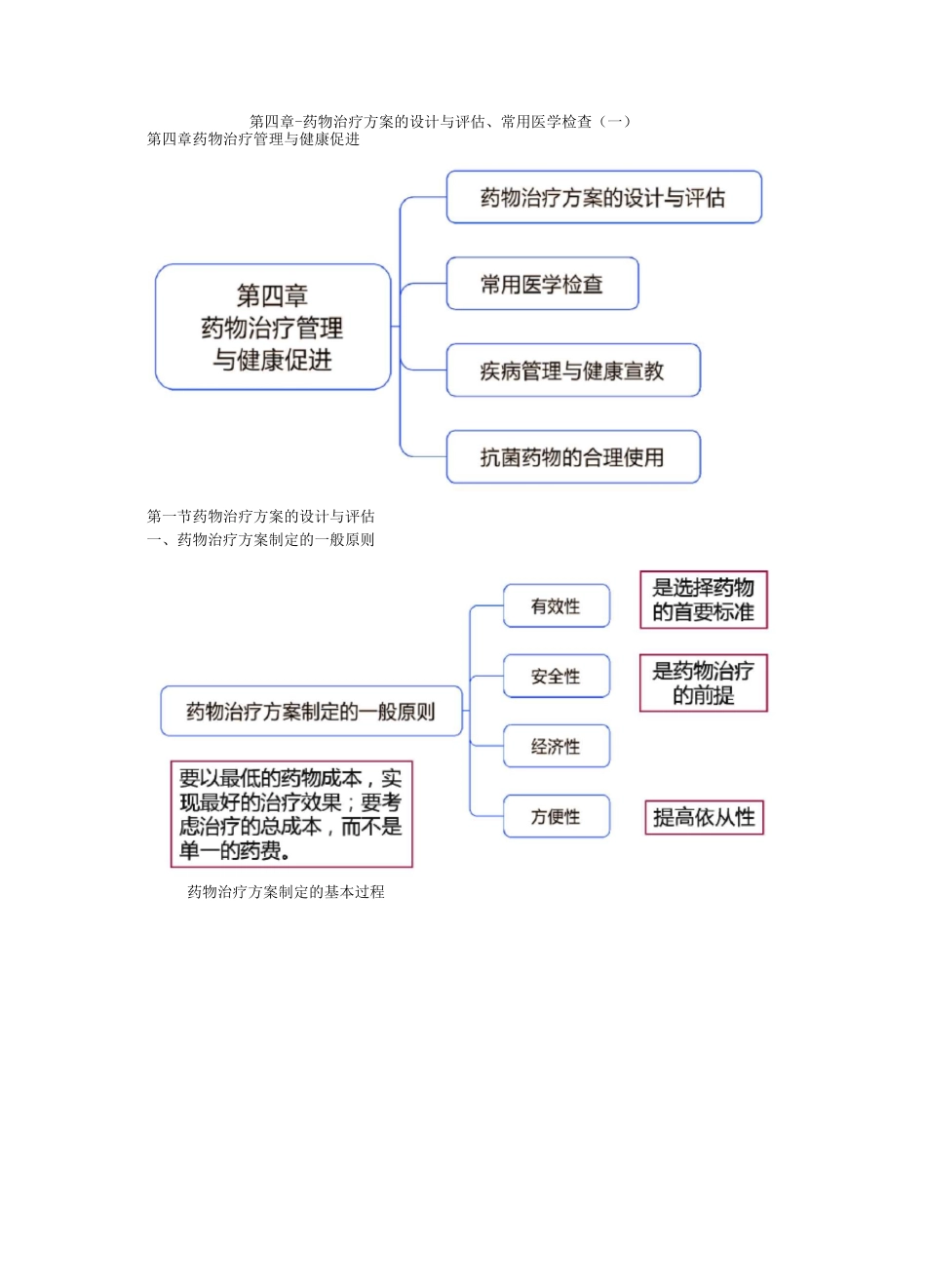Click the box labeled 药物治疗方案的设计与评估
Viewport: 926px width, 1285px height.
point(603,198)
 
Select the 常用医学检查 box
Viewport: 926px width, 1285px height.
point(542,285)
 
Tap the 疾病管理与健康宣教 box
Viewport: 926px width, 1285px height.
point(572,370)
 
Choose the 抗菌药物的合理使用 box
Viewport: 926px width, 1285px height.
point(572,457)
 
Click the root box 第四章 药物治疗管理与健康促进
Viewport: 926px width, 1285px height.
point(273,328)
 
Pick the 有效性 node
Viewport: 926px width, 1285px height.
point(556,606)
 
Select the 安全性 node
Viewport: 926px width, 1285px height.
point(556,677)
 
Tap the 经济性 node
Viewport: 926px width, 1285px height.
point(556,747)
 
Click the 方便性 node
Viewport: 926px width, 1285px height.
point(556,817)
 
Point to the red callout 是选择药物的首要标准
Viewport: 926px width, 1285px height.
point(703,600)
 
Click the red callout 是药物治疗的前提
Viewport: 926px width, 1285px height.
point(703,682)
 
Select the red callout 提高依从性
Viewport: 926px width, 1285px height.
point(704,817)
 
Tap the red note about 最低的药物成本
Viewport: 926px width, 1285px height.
point(290,814)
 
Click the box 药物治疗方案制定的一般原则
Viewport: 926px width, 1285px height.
point(311,712)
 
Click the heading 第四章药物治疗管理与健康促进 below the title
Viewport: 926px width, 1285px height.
point(253,139)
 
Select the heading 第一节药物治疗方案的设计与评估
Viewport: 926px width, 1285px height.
point(261,517)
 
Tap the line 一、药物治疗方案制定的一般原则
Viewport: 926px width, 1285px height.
point(261,540)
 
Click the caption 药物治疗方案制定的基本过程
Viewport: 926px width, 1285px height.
point(286,892)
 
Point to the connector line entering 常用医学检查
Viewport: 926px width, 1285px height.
point(423,285)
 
